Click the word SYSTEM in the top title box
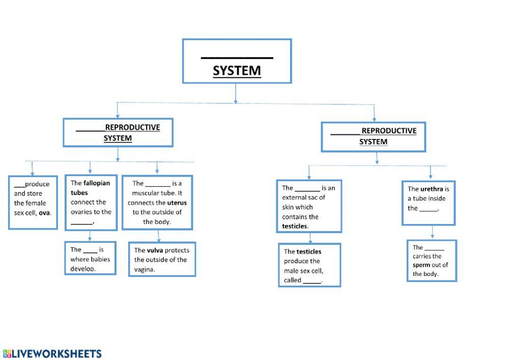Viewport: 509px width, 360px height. [237, 70]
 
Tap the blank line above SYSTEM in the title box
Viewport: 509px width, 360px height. [237, 57]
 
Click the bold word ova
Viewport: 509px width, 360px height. [44, 213]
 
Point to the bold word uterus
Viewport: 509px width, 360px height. [177, 203]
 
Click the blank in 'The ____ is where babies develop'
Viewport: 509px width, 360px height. [90, 250]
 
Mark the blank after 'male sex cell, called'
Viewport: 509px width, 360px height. [312, 281]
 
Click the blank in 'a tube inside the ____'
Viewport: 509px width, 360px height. [429, 209]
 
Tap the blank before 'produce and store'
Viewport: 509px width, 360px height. [19, 185]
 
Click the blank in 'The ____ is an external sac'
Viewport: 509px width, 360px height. [307, 188]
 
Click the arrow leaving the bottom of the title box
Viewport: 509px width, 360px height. [235, 93]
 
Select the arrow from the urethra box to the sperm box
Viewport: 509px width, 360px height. [433, 232]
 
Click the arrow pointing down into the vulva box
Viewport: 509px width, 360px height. [159, 236]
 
